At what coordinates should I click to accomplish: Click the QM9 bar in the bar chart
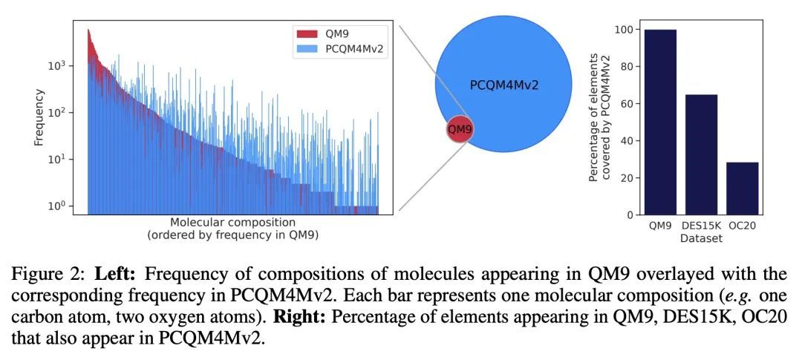click(x=660, y=122)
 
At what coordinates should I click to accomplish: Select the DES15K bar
click(x=701, y=154)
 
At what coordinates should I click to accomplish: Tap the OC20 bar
click(x=743, y=189)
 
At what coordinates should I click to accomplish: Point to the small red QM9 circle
click(x=460, y=130)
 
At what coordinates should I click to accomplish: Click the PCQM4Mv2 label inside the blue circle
click(x=504, y=85)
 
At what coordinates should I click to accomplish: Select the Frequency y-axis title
click(x=39, y=117)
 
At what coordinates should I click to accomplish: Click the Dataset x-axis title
click(x=701, y=239)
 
